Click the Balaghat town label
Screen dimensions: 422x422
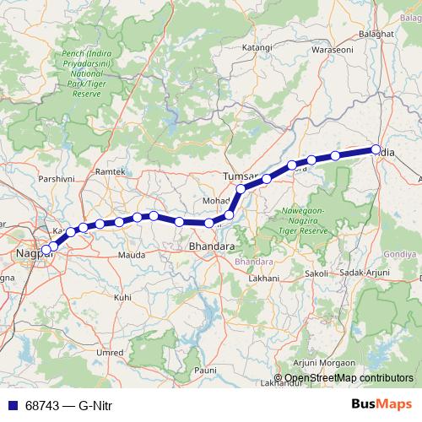[377, 33]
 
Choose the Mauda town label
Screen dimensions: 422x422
[133, 253]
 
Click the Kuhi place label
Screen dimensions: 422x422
[123, 297]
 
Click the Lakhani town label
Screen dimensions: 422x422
[263, 277]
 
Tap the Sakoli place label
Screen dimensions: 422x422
[315, 273]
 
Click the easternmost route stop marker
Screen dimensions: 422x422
[376, 150]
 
